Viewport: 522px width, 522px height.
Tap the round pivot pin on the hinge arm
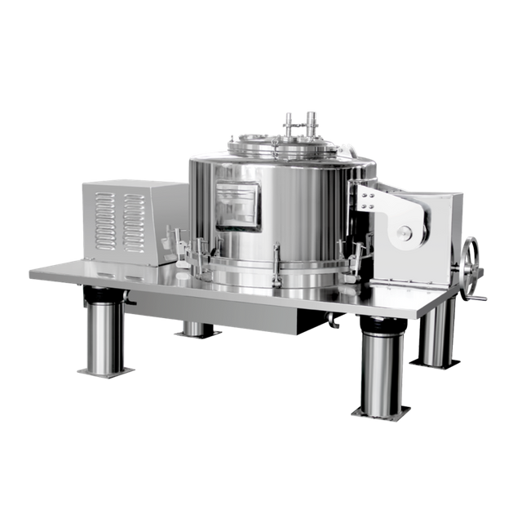[x=404, y=234]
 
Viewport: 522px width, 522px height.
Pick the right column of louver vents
[x=135, y=221]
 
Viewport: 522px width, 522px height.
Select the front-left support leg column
[x=104, y=330]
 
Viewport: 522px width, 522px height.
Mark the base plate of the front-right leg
[x=381, y=409]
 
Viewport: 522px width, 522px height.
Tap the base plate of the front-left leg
[x=105, y=371]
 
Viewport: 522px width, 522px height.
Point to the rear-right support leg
[x=433, y=334]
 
